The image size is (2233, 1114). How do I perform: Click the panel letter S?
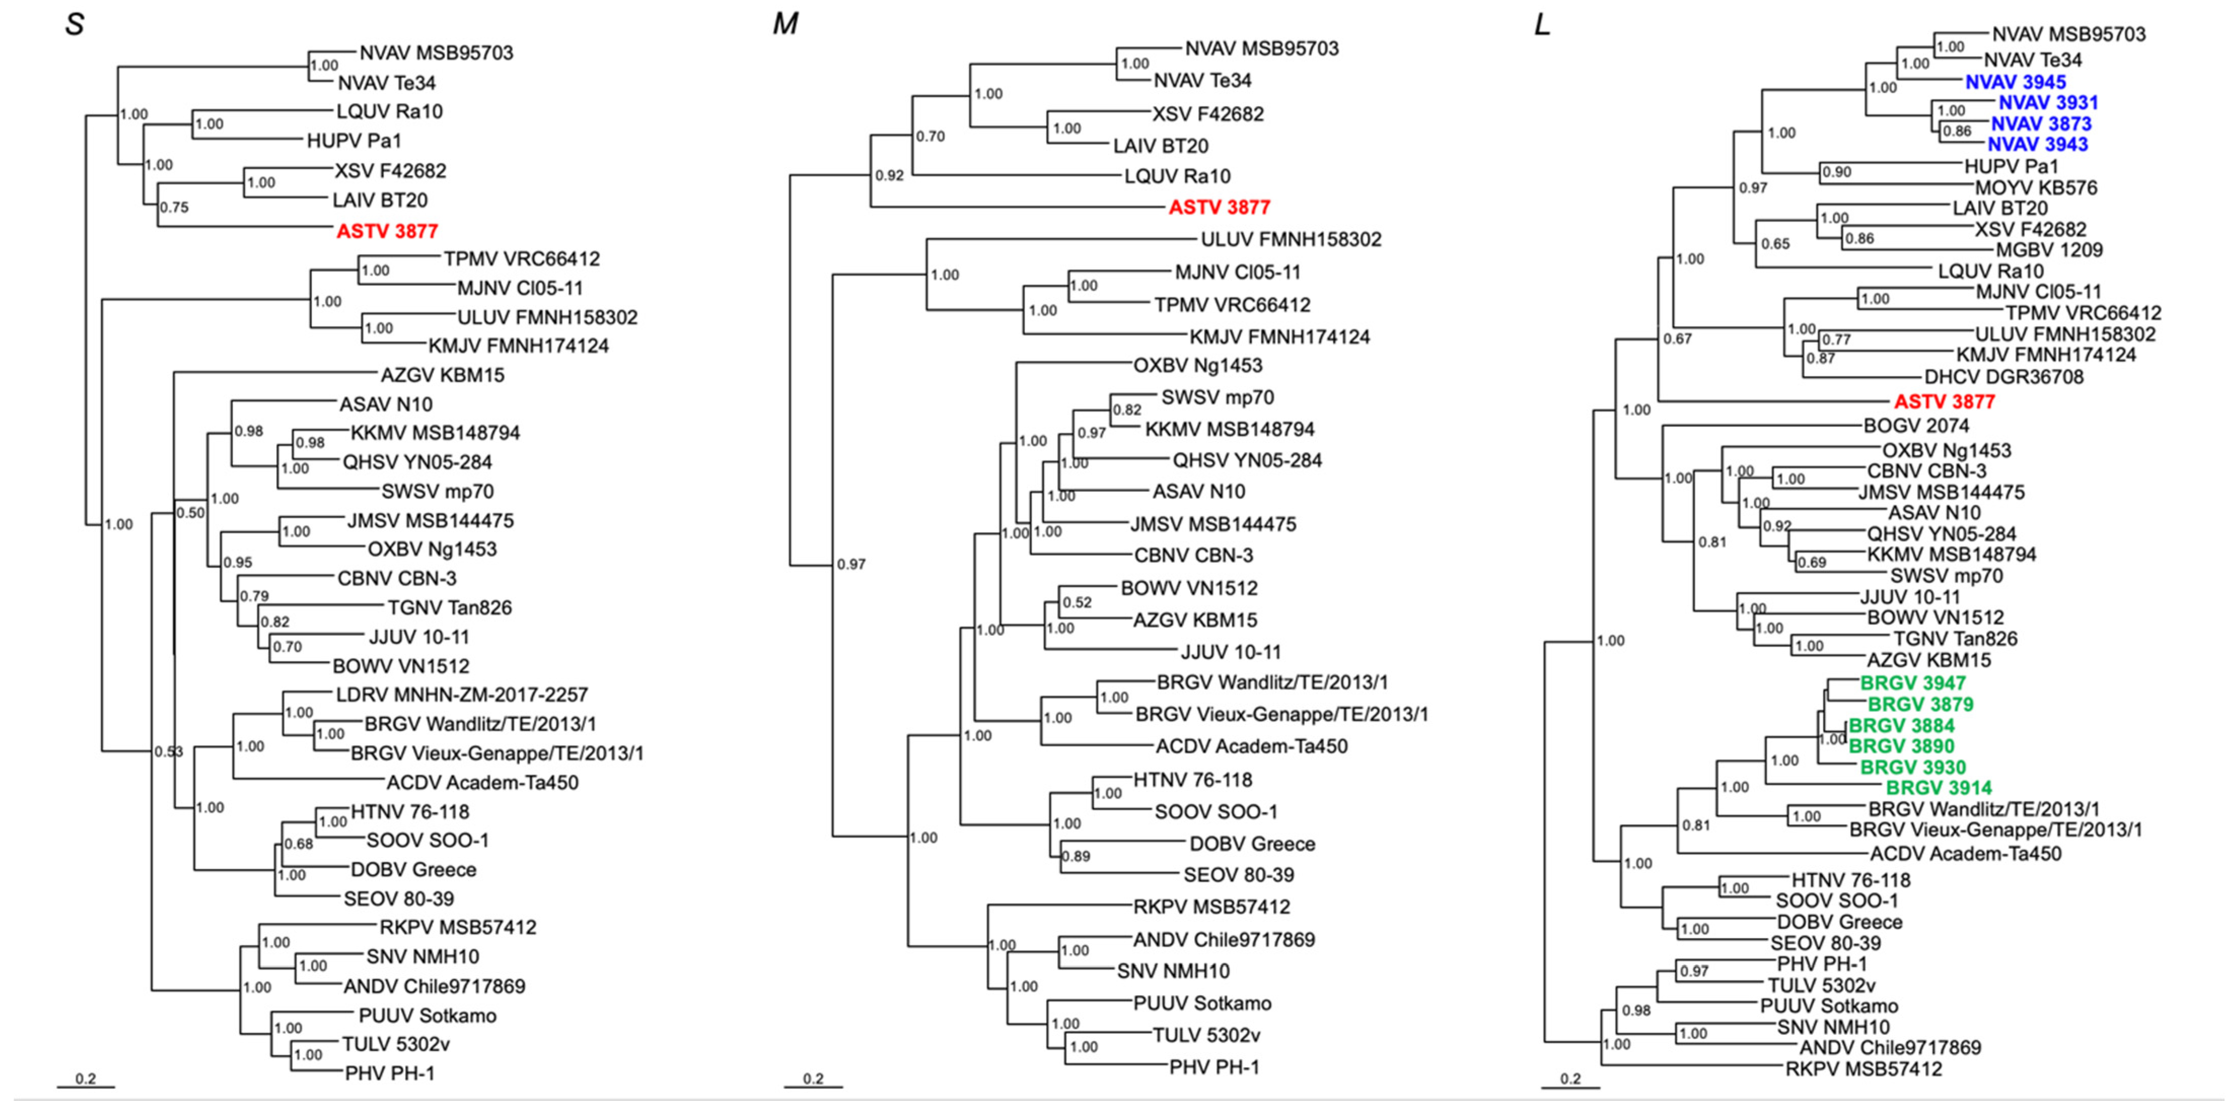tap(75, 24)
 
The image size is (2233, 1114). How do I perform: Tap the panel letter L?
tap(1541, 24)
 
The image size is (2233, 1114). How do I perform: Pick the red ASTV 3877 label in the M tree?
tap(1219, 207)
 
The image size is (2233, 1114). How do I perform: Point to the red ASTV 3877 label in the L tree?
tap(1944, 402)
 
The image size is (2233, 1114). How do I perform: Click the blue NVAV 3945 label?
tap(2015, 82)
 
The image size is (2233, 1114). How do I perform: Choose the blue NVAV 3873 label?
tap(2040, 124)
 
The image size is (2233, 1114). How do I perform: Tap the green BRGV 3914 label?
tap(1939, 788)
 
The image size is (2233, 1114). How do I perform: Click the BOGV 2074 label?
tap(1916, 425)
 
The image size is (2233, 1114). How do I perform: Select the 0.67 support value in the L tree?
tap(1677, 339)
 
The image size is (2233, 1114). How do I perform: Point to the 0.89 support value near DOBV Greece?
tap(1076, 856)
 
